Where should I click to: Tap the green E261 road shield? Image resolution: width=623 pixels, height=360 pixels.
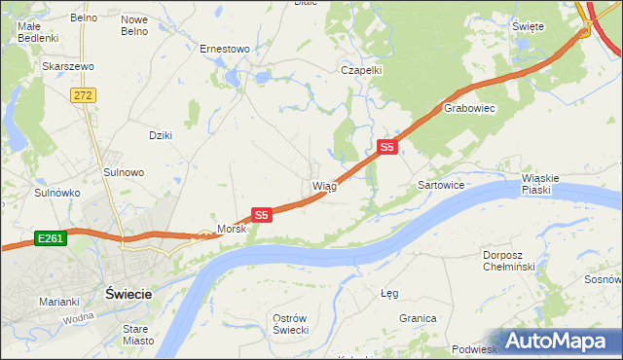51,237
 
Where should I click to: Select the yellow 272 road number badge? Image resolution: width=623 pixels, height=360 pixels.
83,94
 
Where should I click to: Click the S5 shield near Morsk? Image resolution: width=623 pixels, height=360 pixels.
260,214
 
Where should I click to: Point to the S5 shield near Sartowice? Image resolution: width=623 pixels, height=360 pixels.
387,147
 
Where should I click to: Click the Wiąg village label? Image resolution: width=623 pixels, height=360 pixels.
324,186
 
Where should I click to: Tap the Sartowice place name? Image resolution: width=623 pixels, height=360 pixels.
440,184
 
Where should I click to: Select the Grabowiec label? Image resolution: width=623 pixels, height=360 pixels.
470,109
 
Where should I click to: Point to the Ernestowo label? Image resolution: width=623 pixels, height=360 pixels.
225,48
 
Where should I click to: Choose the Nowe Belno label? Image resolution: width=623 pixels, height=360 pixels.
134,25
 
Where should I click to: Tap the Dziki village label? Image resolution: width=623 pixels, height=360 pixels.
160,135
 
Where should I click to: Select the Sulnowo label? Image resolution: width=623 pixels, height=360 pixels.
124,172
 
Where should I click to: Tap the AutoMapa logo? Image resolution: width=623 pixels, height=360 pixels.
555,341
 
